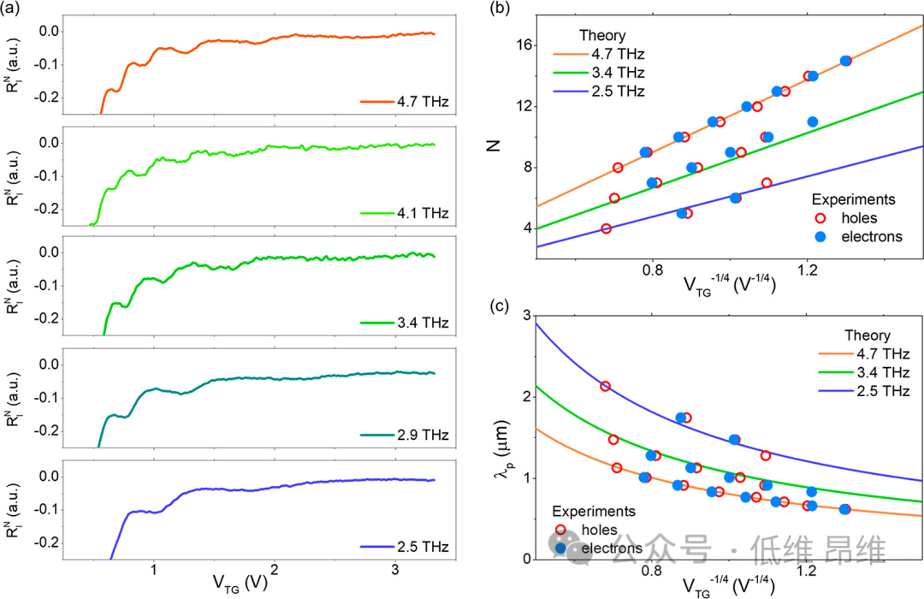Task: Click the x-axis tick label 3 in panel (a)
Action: [x=394, y=570]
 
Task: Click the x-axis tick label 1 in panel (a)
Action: [x=153, y=570]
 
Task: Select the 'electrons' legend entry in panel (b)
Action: [x=870, y=236]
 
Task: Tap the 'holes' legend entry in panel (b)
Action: [x=856, y=217]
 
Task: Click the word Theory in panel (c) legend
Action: [x=867, y=335]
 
